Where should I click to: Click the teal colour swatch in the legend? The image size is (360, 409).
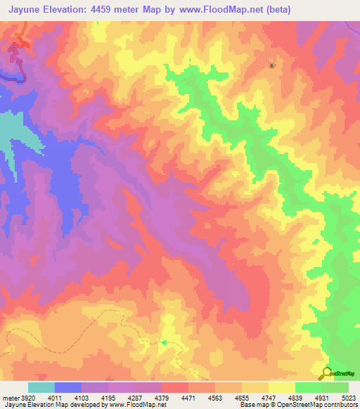[x=41, y=387]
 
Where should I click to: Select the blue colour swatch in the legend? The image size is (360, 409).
[x=68, y=387]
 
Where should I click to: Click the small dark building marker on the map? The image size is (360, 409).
[x=273, y=66]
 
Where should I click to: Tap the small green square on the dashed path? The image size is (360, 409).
[x=164, y=342]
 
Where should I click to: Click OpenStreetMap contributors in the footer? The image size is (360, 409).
[x=323, y=405]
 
